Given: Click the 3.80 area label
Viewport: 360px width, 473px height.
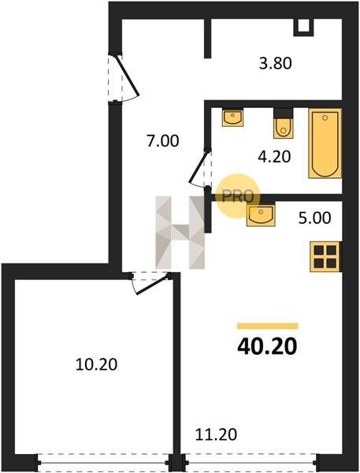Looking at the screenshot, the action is point(275,64).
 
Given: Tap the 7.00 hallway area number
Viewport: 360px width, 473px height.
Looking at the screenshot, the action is point(162,141).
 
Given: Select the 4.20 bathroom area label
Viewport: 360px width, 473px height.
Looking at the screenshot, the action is point(274,157).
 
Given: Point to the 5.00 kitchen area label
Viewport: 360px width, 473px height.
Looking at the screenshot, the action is point(314,218).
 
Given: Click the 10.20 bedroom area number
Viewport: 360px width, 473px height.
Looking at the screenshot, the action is point(96,364).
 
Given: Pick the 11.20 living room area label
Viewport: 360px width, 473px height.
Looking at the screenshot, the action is point(216,434).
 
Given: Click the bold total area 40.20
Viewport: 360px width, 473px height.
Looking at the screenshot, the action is point(267,346).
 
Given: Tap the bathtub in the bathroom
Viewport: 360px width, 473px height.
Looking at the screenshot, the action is point(325,143).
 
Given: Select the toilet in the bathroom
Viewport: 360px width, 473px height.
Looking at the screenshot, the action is point(284,124).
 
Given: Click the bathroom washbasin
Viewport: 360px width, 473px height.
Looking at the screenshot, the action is point(232,117).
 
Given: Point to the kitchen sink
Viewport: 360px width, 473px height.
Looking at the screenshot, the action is point(261,214).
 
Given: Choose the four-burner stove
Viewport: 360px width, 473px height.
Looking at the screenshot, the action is point(325,256).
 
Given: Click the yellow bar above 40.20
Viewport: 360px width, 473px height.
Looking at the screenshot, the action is point(267,326).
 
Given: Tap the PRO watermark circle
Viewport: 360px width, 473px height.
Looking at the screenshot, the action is point(238,196).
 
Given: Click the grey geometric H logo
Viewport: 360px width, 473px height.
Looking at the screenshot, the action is point(180,233).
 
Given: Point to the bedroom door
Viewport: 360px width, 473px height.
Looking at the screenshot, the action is point(150,283).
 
